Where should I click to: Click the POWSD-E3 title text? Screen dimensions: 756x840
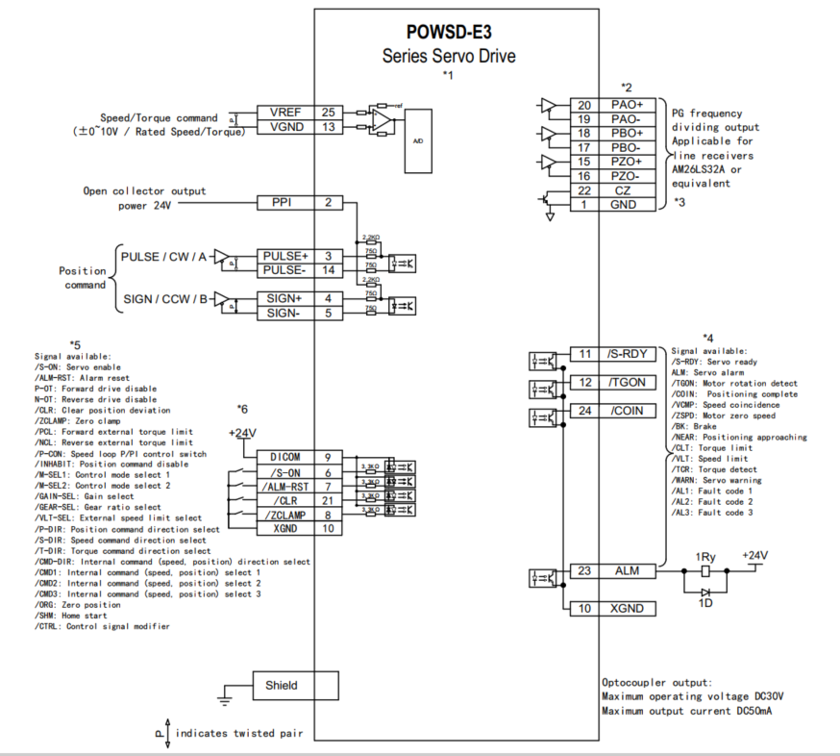tap(449, 32)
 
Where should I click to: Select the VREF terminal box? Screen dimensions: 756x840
tap(284, 113)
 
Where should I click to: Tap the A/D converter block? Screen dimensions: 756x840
tap(418, 140)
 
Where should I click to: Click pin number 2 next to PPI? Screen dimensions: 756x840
tap(329, 203)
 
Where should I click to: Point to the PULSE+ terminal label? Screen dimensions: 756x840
tap(284, 256)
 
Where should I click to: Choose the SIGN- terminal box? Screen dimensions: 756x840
tap(284, 314)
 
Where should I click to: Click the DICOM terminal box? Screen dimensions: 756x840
tap(284, 457)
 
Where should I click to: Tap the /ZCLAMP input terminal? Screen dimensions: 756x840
tap(284, 515)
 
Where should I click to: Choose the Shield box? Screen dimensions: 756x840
tap(282, 686)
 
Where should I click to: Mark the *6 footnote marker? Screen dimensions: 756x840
tap(242, 409)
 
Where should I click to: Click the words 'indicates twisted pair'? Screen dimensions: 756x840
tap(239, 733)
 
